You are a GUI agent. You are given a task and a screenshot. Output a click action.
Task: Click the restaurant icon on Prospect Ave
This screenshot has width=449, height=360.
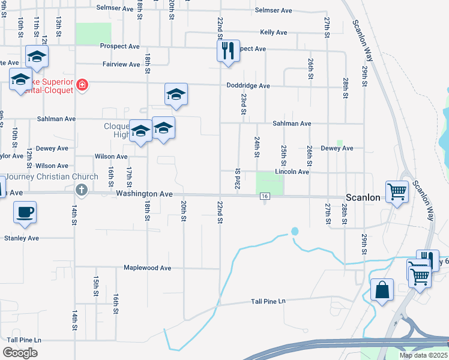tap(228, 50)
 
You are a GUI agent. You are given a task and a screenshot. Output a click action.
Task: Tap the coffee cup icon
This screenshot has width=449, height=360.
tap(25, 212)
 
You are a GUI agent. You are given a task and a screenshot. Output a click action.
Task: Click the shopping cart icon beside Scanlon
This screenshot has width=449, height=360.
tap(397, 193)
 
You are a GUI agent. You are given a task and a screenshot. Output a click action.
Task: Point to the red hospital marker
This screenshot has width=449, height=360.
tap(82, 86)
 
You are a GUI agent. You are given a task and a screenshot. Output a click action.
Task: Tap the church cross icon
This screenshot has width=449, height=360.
tap(82, 190)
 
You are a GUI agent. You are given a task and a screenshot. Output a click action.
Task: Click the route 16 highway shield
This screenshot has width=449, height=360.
tap(264, 196)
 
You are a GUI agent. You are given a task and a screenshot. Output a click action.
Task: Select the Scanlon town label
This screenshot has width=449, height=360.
tap(363, 197)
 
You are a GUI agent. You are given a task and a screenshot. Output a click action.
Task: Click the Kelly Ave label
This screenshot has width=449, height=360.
tap(273, 32)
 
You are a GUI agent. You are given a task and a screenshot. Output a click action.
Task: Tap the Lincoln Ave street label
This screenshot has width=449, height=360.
tap(292, 172)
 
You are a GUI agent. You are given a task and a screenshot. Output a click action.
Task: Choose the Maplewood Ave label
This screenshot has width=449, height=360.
tap(147, 268)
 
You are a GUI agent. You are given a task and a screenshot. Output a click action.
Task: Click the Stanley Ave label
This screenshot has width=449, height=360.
tap(22, 238)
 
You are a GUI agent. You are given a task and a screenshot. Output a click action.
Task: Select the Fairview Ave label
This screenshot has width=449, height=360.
tap(121, 64)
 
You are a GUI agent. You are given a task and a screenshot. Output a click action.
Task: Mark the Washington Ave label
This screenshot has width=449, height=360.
tap(144, 194)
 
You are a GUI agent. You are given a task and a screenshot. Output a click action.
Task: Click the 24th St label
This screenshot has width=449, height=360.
tap(256, 146)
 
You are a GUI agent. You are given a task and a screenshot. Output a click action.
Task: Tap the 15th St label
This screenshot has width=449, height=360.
tap(95, 286)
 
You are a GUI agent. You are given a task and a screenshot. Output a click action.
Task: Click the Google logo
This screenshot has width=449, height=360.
tap(20, 353)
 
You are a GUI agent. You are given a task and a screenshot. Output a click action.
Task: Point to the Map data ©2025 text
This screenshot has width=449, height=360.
tap(423, 355)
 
